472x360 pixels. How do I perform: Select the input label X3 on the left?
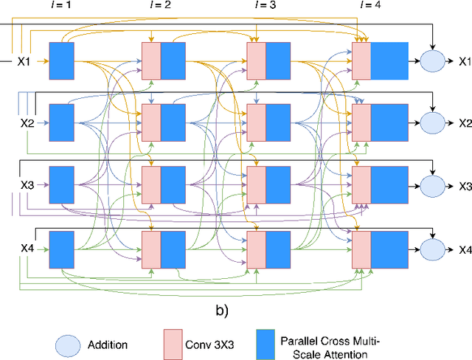27,185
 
